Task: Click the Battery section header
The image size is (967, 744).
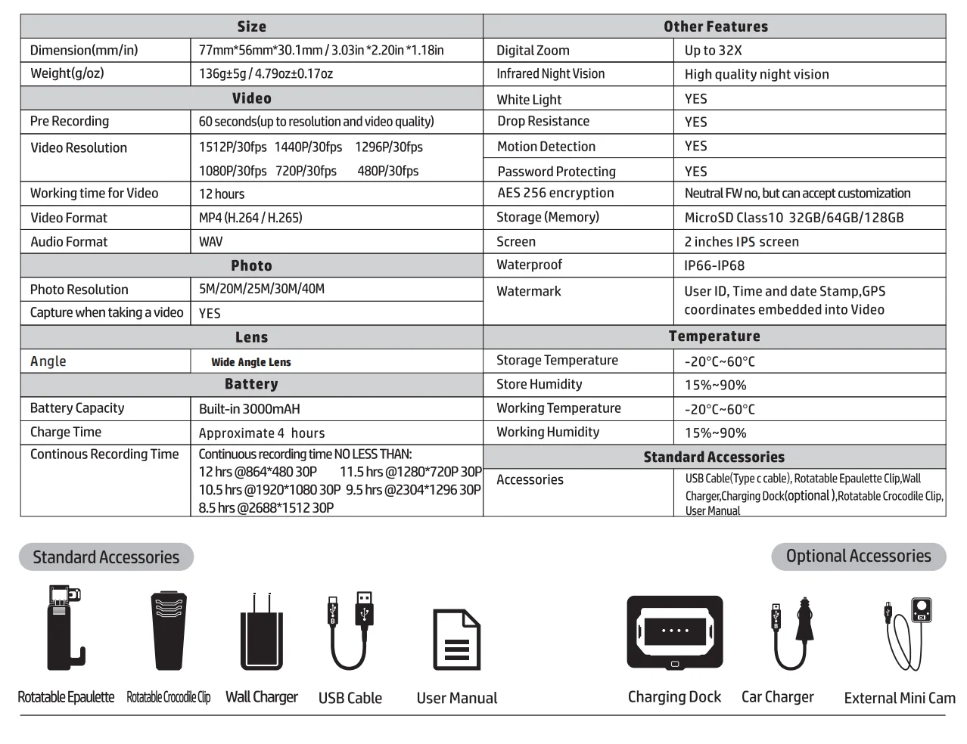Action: (x=251, y=384)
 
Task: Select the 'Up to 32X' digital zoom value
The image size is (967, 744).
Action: (x=713, y=50)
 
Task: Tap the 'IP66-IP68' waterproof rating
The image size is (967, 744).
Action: (x=714, y=265)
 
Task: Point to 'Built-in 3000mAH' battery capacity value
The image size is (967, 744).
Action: (x=249, y=409)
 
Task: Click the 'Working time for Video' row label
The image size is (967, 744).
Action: (x=94, y=193)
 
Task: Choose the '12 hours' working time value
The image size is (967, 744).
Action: (x=221, y=194)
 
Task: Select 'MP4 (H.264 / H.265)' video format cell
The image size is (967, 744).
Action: (x=250, y=218)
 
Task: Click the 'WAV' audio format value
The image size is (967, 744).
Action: (x=210, y=242)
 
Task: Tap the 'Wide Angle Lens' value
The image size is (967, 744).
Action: (x=250, y=362)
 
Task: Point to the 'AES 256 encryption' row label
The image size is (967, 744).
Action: (x=555, y=193)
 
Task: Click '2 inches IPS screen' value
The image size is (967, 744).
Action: (x=742, y=242)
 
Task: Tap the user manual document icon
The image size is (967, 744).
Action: (x=456, y=639)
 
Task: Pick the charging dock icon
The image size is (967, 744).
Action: (x=674, y=632)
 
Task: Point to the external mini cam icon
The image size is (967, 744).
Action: (x=906, y=634)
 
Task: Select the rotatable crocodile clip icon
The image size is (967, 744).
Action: (x=168, y=631)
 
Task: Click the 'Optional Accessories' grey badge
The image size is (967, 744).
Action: (x=858, y=556)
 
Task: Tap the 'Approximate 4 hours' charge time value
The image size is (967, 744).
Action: (x=262, y=433)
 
